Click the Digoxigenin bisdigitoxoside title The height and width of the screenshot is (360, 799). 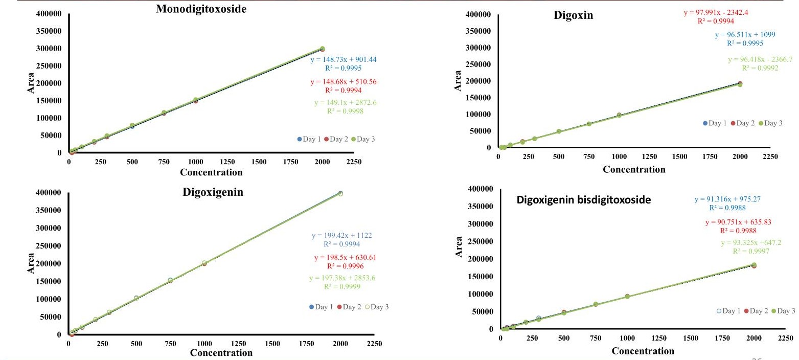tap(584, 200)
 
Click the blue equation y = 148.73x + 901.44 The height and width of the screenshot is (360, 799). tap(344, 59)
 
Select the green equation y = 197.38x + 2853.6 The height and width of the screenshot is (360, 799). tap(342, 278)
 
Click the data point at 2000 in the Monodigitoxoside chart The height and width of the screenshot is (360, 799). tap(322, 49)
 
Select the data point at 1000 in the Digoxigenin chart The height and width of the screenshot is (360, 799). tap(204, 263)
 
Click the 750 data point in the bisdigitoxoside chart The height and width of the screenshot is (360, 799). tap(596, 304)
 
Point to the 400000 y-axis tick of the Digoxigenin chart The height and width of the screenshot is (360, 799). tap(47, 193)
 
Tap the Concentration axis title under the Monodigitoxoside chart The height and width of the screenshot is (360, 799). tap(211, 172)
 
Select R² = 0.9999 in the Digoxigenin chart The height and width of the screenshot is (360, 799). tap(342, 286)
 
